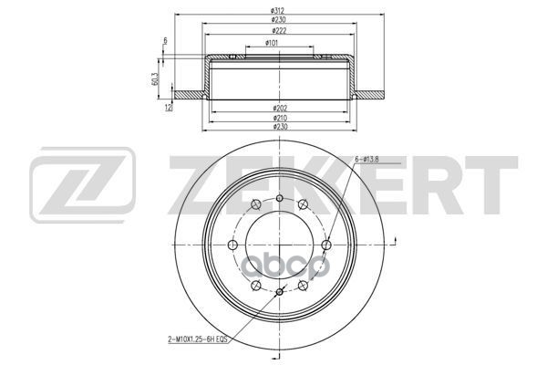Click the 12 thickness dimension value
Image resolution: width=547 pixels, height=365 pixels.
pyautogui.click(x=168, y=107)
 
